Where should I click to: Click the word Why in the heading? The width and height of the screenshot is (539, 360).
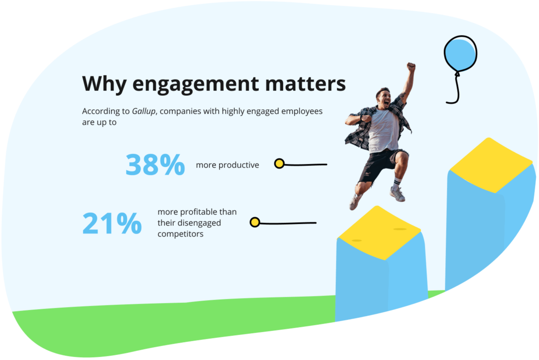click(104, 83)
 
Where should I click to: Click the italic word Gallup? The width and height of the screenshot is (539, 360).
click(144, 111)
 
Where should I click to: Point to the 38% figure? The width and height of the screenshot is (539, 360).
click(155, 165)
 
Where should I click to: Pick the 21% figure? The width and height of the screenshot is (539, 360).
click(112, 223)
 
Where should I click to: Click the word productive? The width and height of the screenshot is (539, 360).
click(239, 165)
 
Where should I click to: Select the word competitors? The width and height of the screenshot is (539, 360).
click(180, 234)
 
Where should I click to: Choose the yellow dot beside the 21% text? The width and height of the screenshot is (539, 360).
click(255, 223)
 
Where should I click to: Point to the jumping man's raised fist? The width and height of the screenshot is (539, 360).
click(411, 66)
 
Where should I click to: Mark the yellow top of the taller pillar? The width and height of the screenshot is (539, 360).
click(491, 165)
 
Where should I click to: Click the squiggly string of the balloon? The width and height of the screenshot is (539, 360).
click(456, 90)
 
